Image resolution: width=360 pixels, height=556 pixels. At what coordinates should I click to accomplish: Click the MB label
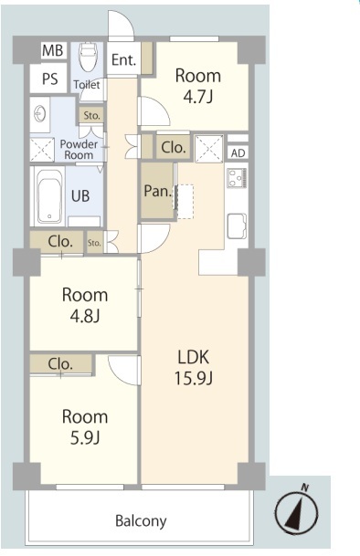[x=53, y=50]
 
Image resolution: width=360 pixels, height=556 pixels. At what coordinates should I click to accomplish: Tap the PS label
[x=49, y=79]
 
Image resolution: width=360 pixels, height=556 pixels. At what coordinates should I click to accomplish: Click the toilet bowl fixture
[x=88, y=57]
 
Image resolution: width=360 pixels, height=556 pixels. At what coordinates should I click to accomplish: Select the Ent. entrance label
[x=123, y=59]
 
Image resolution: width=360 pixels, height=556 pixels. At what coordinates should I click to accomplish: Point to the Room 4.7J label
[x=198, y=86]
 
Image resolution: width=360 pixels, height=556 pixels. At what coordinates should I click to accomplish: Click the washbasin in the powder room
[x=39, y=114]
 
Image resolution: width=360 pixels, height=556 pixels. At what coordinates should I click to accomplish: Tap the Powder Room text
[x=79, y=150]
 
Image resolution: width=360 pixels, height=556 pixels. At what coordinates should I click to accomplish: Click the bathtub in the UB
[x=49, y=196]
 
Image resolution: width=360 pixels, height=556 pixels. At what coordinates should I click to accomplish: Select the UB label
[x=80, y=195]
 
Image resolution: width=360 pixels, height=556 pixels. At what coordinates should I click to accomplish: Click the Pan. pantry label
[x=158, y=192]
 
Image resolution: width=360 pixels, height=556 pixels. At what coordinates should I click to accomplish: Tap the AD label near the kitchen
[x=238, y=153]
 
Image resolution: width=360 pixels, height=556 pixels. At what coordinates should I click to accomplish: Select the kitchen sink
[x=237, y=226]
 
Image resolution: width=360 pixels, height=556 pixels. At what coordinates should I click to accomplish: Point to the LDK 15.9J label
[x=194, y=367]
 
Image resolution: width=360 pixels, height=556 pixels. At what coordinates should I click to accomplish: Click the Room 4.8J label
[x=85, y=305]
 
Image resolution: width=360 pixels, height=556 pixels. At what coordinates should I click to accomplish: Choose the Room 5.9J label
[x=85, y=426]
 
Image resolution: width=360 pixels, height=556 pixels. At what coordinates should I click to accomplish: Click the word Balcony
[x=141, y=521]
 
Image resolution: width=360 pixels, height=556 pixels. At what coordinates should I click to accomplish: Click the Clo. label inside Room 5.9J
[x=60, y=364]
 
